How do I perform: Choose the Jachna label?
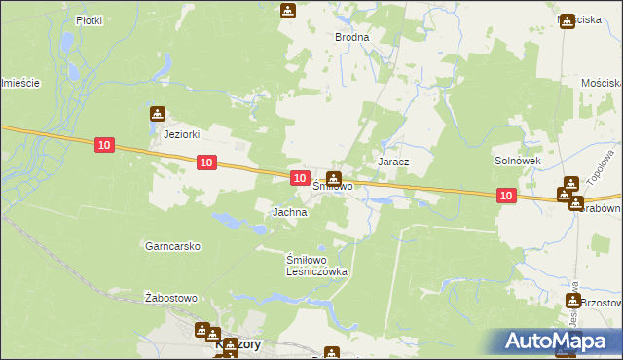(290, 211)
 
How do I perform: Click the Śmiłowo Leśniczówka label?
(315, 267)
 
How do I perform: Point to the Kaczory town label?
(238, 345)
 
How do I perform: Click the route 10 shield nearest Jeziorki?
(105, 145)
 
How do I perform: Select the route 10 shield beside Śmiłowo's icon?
(301, 178)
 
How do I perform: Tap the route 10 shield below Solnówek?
(505, 196)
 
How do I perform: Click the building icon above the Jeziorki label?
(158, 115)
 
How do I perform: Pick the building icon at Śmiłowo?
(334, 179)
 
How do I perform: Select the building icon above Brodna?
(288, 11)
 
